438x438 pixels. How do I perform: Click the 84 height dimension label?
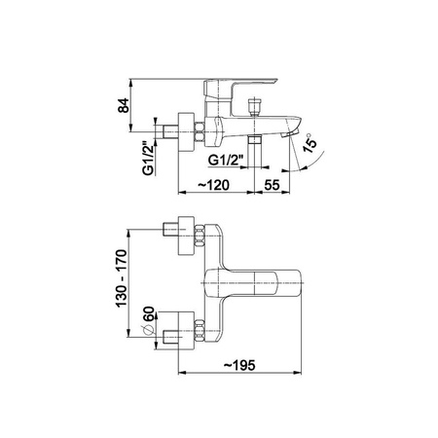pyautogui.click(x=124, y=105)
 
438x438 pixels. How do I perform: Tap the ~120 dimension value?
pyautogui.click(x=213, y=185)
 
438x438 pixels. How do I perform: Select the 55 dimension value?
pyautogui.click(x=272, y=185)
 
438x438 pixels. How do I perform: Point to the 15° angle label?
pyautogui.click(x=310, y=143)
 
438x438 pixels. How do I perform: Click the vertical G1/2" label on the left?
pyautogui.click(x=148, y=159)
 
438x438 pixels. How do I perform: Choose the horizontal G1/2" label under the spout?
pyautogui.click(x=226, y=161)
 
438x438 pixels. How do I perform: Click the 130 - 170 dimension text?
pyautogui.click(x=121, y=278)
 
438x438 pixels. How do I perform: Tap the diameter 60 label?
pyautogui.click(x=149, y=313)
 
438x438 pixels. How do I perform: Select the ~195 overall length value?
pyautogui.click(x=239, y=365)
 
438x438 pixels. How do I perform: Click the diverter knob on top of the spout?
pyautogui.click(x=254, y=106)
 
